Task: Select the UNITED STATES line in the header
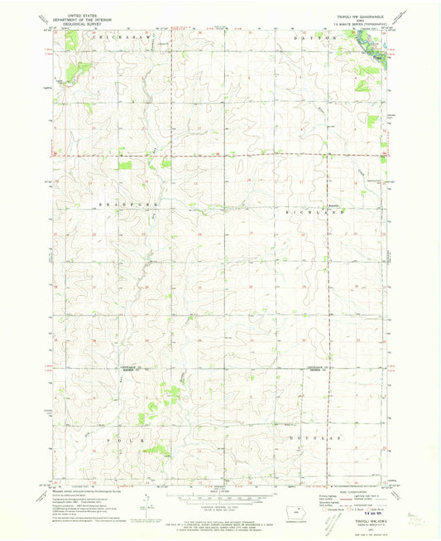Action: [77, 14]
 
